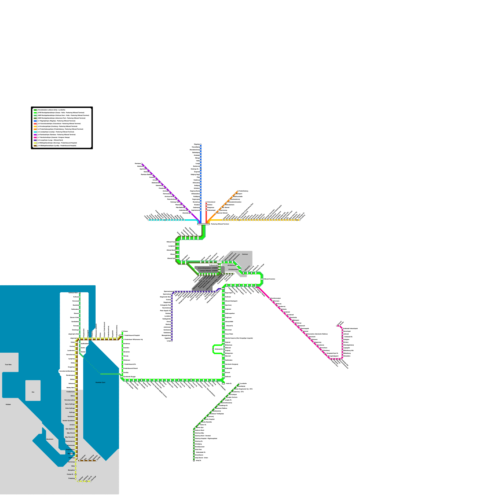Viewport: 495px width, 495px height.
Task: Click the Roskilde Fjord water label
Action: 100,382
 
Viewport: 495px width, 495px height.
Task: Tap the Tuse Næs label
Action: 8,364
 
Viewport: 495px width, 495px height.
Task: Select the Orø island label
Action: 33,392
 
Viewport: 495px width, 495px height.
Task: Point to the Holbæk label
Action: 8,404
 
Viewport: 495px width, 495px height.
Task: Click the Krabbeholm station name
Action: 71,392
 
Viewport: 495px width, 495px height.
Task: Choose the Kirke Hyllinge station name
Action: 70,408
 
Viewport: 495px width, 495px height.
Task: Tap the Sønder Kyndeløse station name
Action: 69,421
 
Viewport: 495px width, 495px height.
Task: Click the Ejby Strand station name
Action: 70,433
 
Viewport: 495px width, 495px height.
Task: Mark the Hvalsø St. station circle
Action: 75,474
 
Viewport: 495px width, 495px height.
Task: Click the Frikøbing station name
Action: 71,478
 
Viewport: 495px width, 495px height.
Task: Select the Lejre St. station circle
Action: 87,481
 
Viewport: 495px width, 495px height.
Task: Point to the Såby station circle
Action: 75,466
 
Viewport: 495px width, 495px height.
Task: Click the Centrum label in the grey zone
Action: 245,254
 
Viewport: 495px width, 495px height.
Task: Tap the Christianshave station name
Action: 233,269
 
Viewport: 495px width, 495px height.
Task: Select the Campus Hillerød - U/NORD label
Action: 209,271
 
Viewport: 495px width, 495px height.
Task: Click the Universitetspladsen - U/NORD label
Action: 208,268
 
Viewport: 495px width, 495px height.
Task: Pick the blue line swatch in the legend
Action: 35,121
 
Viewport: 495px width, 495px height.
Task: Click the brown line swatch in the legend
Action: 35,146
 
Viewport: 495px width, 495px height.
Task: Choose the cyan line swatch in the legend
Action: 35,132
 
